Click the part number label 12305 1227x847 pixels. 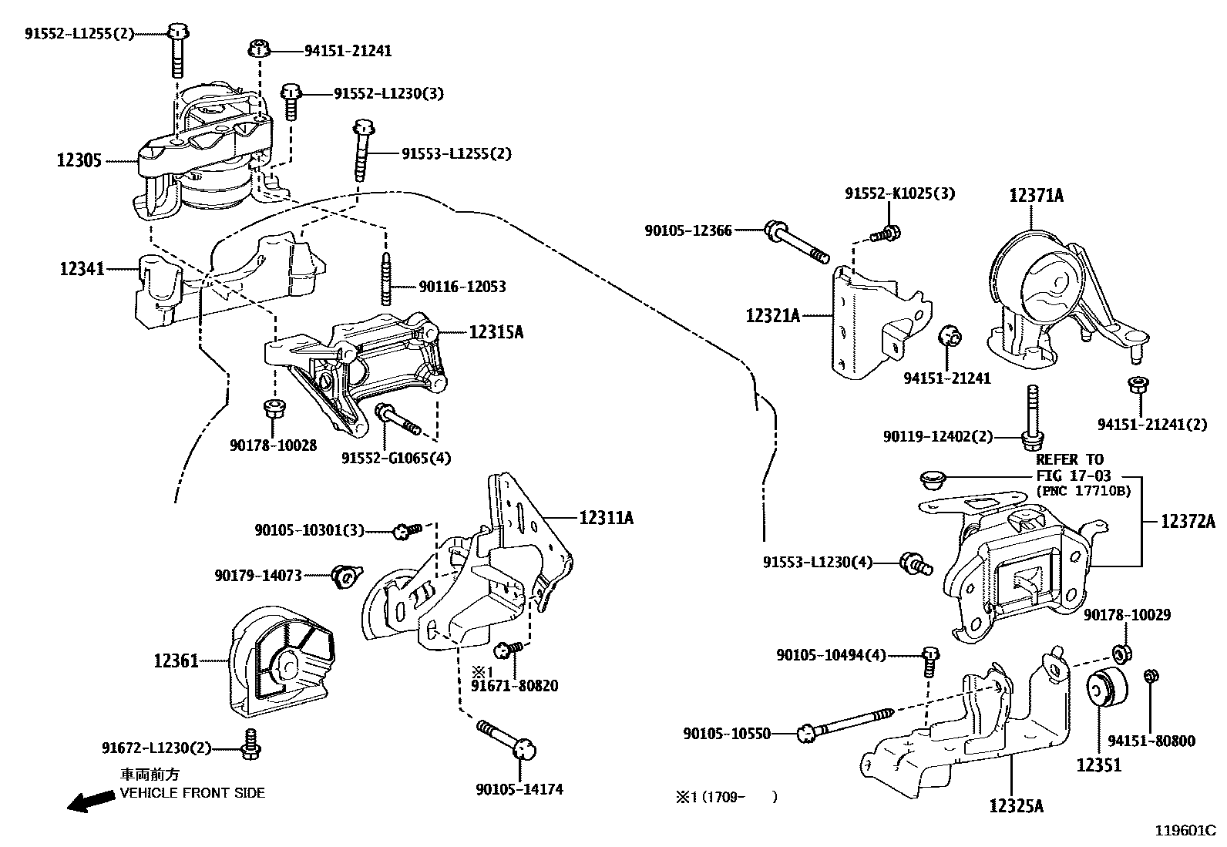pyautogui.click(x=79, y=160)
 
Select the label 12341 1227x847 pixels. pyautogui.click(x=82, y=269)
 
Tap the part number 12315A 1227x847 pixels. pyautogui.click(x=496, y=332)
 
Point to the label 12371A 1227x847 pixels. pyautogui.click(x=1037, y=195)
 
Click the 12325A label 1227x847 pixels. pyautogui.click(x=1016, y=806)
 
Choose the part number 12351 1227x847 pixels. pyautogui.click(x=1099, y=765)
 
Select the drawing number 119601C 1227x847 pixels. pyautogui.click(x=1185, y=831)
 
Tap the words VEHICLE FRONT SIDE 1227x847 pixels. pyautogui.click(x=192, y=793)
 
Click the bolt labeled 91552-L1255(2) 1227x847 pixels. pyautogui.click(x=177, y=49)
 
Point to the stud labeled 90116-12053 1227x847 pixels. pyautogui.click(x=385, y=277)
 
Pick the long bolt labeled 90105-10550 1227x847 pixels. pyautogui.click(x=845, y=724)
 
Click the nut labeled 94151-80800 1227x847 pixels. pyautogui.click(x=1151, y=676)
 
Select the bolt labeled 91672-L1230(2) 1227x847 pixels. pyautogui.click(x=251, y=744)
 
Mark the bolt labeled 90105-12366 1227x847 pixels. pyautogui.click(x=797, y=242)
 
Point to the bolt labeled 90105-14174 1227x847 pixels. pyautogui.click(x=506, y=739)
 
